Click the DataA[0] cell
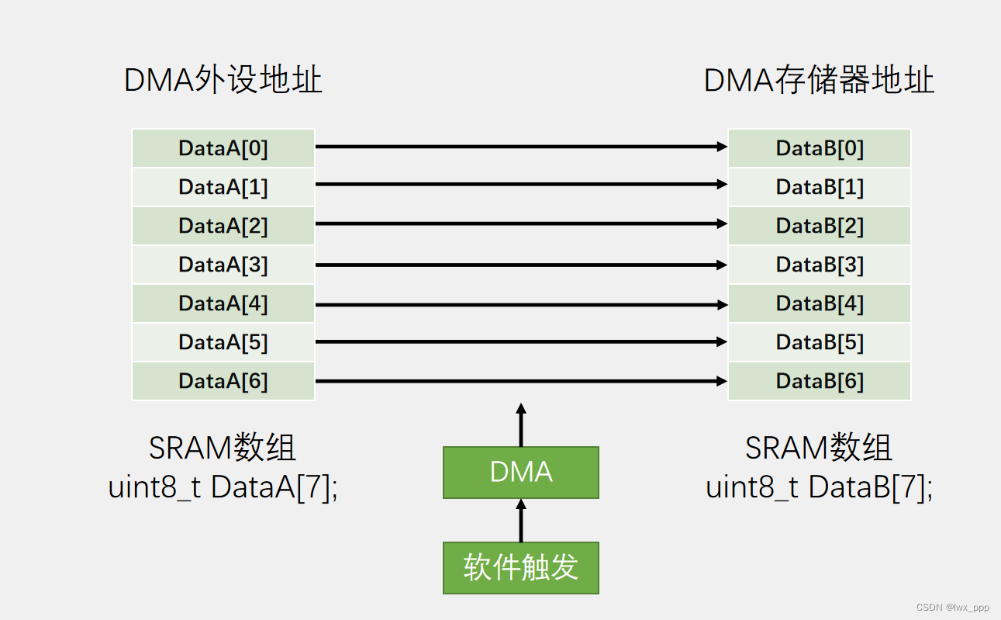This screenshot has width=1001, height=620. (x=223, y=148)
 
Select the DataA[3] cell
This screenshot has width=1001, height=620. (x=223, y=265)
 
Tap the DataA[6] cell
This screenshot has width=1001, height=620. (x=223, y=381)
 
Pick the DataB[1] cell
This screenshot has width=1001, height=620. (x=819, y=187)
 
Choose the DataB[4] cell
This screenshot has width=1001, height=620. (x=819, y=303)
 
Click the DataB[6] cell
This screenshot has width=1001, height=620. (x=819, y=381)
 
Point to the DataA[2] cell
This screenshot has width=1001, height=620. (x=223, y=226)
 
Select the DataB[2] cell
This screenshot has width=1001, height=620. (x=819, y=226)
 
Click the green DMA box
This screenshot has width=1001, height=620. (x=521, y=473)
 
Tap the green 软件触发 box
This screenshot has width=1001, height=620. (x=521, y=568)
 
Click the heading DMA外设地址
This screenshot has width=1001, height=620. (x=223, y=81)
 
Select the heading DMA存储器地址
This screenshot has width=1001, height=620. (x=819, y=81)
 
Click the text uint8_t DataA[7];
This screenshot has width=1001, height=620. (x=223, y=487)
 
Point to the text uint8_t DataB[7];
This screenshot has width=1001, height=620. (x=819, y=487)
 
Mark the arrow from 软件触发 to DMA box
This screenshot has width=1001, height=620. (x=521, y=521)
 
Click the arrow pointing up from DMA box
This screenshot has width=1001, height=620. (x=521, y=425)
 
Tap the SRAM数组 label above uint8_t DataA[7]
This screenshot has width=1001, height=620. (x=223, y=449)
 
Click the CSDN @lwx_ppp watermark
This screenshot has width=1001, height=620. (x=952, y=608)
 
